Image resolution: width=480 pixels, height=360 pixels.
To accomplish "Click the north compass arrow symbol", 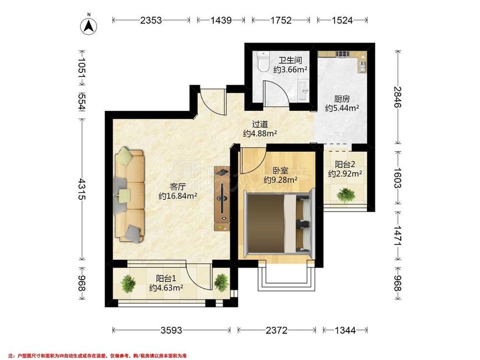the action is (x=89, y=25).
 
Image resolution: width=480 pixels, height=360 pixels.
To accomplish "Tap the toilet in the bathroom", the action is (x=263, y=61).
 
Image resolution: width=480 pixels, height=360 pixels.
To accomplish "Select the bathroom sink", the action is (x=303, y=89).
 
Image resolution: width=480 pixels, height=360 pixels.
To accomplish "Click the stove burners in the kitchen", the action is (x=343, y=54).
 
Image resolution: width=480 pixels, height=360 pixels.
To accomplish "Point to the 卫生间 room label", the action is (x=290, y=60).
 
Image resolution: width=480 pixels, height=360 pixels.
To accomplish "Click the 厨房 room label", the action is (x=342, y=99).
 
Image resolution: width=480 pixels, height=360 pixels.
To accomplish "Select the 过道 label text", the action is (x=260, y=124).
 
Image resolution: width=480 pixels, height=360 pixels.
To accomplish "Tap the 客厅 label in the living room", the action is (x=178, y=187).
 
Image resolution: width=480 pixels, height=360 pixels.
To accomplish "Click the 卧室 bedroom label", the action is (x=280, y=170).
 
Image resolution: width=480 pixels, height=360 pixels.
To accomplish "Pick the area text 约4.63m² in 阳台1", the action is (x=166, y=288).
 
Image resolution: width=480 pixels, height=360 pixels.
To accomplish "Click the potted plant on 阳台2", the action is (x=345, y=195).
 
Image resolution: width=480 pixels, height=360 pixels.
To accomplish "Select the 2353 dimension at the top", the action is (x=151, y=20).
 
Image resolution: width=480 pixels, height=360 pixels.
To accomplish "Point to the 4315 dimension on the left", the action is (x=81, y=189).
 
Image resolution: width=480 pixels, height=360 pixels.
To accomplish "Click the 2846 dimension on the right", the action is (x=398, y=97).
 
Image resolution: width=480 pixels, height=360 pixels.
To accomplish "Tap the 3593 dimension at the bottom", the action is (x=172, y=330).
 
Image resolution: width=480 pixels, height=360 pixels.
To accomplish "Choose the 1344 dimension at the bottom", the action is (x=345, y=330).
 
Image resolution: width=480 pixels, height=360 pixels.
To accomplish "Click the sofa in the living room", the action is (x=129, y=195).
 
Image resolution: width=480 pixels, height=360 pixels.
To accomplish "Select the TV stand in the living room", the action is (x=222, y=198).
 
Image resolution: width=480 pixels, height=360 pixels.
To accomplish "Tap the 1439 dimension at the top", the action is (x=221, y=20).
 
